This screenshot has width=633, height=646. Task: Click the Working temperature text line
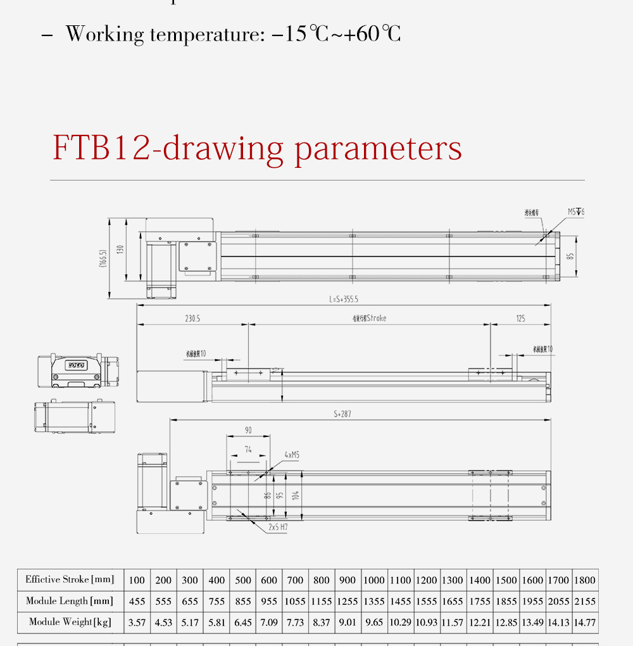tap(233, 34)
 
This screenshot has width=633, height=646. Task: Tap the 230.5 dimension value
tap(192, 319)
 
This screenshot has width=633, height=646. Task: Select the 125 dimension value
tap(520, 319)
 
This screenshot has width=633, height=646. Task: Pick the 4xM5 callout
tap(292, 455)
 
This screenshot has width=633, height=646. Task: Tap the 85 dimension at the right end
tap(570, 256)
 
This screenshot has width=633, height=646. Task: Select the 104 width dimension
tap(296, 495)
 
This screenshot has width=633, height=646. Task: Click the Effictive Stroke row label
tap(70, 579)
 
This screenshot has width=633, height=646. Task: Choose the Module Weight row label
tap(70, 622)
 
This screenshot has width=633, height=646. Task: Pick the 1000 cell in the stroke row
tap(374, 580)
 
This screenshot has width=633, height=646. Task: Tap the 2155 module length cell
tap(584, 601)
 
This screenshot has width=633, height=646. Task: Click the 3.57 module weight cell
tap(137, 623)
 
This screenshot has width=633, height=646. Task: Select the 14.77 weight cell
tap(584, 623)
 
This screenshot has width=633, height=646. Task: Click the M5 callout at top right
tap(575, 212)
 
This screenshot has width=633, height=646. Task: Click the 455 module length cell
tap(137, 601)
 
